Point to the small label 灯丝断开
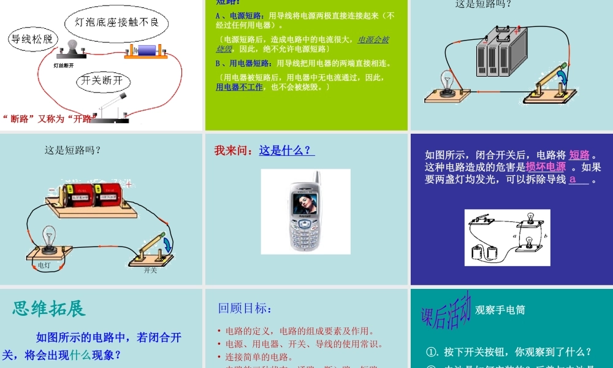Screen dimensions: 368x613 coord(64,64)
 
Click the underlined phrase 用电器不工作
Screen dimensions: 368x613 coord(239,87)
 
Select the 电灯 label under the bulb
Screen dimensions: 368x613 coord(44,265)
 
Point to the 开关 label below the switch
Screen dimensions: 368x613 coord(150,270)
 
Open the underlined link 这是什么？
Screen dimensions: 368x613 coord(286,150)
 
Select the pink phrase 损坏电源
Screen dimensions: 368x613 coord(546,167)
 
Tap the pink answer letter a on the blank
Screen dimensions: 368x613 coord(573,179)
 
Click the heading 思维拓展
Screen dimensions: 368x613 coord(49,309)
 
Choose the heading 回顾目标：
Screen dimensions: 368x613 coord(245,309)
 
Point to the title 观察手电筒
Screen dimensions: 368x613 coord(500,310)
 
